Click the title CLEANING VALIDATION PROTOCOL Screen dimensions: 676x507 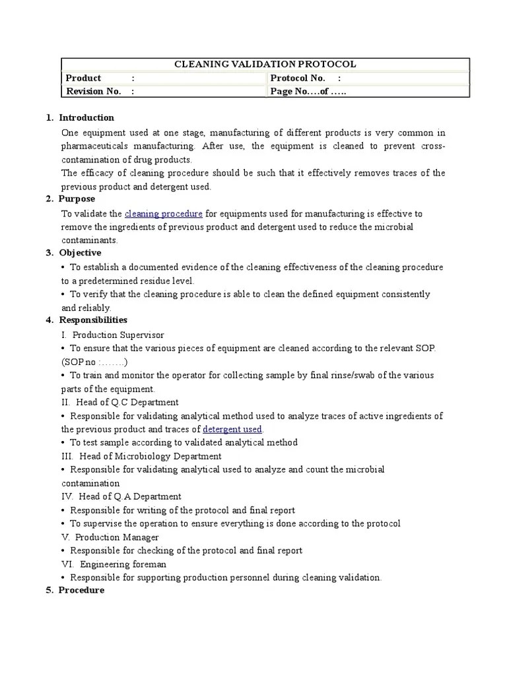[265, 64]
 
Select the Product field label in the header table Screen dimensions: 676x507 [83, 78]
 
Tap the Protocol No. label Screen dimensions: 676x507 [298, 78]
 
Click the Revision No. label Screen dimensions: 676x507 [93, 91]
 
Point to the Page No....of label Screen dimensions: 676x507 [308, 91]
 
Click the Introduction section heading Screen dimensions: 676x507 [86, 118]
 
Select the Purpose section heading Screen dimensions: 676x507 [77, 199]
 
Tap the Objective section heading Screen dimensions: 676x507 [80, 253]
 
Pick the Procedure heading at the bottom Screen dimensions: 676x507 [81, 590]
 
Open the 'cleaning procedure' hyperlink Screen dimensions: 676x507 [164, 213]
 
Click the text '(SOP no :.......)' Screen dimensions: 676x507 [95, 362]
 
